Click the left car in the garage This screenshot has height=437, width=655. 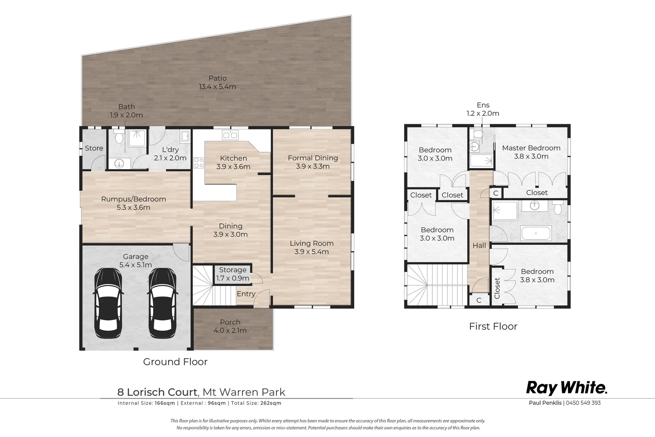click(108, 303)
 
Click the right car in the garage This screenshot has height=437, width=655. click(162, 303)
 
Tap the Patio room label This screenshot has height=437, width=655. click(217, 83)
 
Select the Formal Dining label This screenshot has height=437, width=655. click(313, 162)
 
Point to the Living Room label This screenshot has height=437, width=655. click(312, 247)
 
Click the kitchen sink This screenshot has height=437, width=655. click(230, 135)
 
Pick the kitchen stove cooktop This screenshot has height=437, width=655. click(198, 163)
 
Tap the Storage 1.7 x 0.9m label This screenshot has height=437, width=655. click(233, 274)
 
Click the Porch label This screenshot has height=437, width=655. click(230, 326)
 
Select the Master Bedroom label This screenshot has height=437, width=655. click(531, 152)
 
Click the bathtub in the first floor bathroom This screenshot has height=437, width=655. click(536, 233)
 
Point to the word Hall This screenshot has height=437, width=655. click(479, 246)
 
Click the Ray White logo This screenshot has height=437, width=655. click(567, 388)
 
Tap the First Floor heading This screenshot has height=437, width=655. click(493, 326)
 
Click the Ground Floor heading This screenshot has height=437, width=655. click(175, 362)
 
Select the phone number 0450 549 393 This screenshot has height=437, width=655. click(583, 403)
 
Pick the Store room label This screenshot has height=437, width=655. click(94, 148)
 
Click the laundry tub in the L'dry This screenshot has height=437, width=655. click(185, 136)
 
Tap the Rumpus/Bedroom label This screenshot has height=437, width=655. click(133, 203)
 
